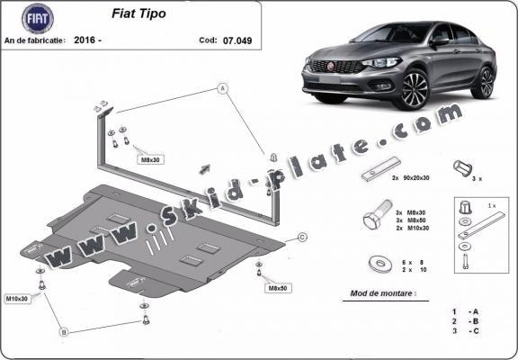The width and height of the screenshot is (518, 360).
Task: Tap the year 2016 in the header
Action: [x=90, y=40]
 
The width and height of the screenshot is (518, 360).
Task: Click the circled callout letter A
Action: [x=219, y=88]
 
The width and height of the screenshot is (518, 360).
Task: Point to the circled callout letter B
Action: [x=64, y=332]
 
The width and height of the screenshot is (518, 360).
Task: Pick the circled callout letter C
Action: [x=303, y=237]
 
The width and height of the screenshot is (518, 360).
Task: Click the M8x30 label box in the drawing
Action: [x=150, y=159]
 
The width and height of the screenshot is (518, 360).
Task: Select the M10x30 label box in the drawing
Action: [x=17, y=298]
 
